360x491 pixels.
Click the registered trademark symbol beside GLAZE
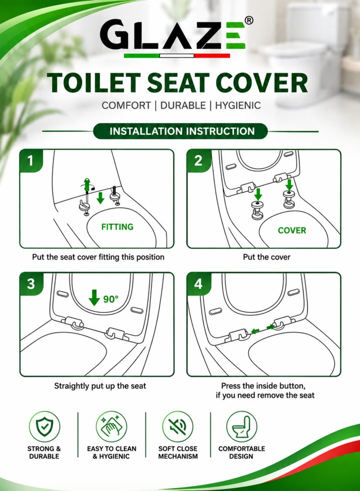[x=248, y=20]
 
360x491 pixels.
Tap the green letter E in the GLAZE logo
[x=235, y=35]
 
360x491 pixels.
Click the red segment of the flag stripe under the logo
[x=212, y=56]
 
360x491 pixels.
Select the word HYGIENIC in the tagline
[x=238, y=105]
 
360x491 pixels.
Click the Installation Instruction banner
[x=180, y=131]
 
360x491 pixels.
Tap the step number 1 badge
[x=31, y=161]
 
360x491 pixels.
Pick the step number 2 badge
[x=198, y=161]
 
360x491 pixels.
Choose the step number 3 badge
[x=31, y=284]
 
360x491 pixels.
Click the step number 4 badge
[x=198, y=284]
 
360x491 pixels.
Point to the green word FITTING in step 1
[x=117, y=227]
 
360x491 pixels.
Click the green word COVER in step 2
[x=292, y=230]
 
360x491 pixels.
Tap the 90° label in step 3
[x=111, y=299]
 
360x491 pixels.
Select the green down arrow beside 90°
[x=94, y=297]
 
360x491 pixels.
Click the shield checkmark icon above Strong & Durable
[x=44, y=426]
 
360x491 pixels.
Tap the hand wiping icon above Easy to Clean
[x=112, y=426]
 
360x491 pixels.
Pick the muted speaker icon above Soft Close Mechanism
[x=177, y=426]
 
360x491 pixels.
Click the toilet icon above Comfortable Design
[x=242, y=426]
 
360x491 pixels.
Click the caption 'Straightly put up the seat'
[x=100, y=386]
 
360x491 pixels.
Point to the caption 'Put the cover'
[x=267, y=257]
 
